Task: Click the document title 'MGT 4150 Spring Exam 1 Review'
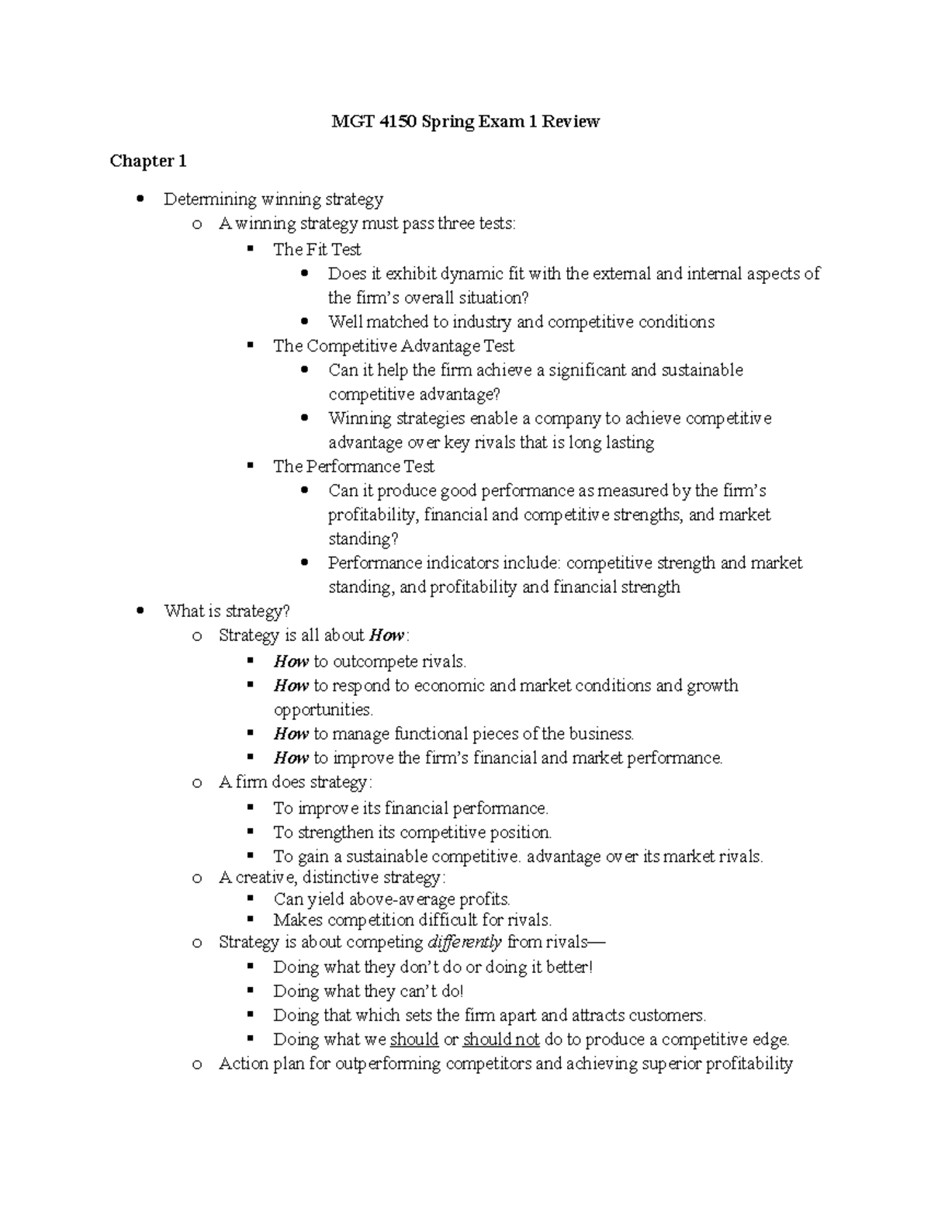465,122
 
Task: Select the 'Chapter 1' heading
148,161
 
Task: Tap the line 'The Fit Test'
317,250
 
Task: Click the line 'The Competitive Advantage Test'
393,346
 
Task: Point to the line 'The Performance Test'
353,466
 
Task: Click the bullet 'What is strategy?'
226,611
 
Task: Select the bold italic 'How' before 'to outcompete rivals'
291,662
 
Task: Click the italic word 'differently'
465,943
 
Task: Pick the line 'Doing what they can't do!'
368,992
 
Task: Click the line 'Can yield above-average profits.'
392,900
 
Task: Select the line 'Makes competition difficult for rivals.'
412,920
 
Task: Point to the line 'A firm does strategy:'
296,782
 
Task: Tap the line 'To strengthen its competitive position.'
412,833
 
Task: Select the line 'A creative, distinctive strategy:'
332,878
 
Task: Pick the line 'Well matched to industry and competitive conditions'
521,322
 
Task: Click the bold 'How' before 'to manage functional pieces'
291,734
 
